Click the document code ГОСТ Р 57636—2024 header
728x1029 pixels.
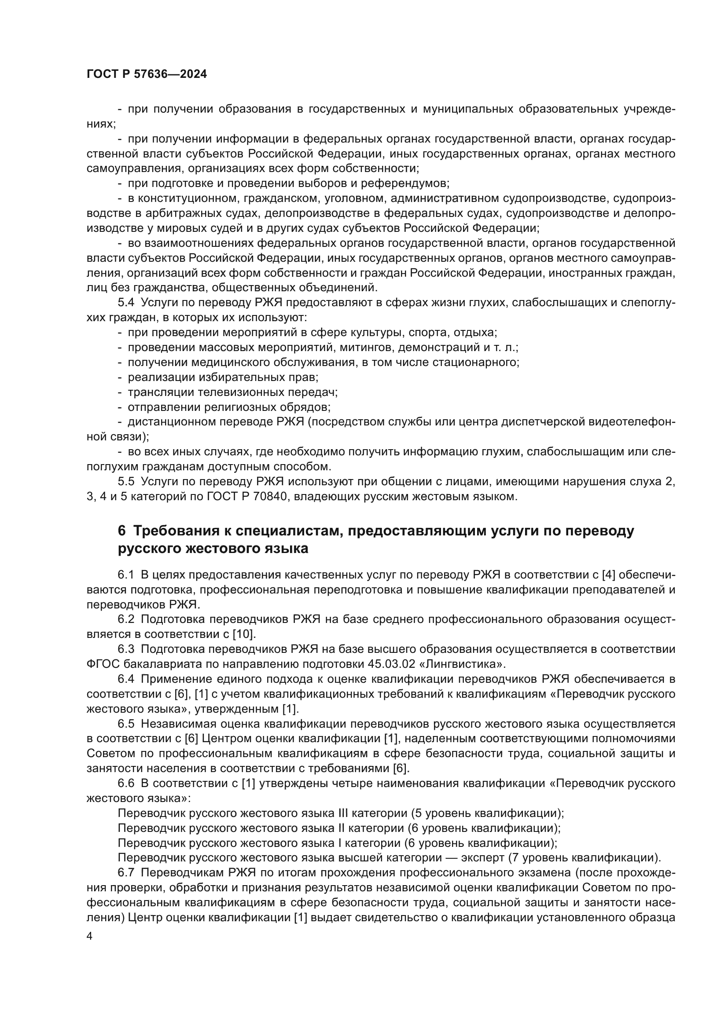[147, 74]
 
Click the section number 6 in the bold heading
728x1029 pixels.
[121, 531]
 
